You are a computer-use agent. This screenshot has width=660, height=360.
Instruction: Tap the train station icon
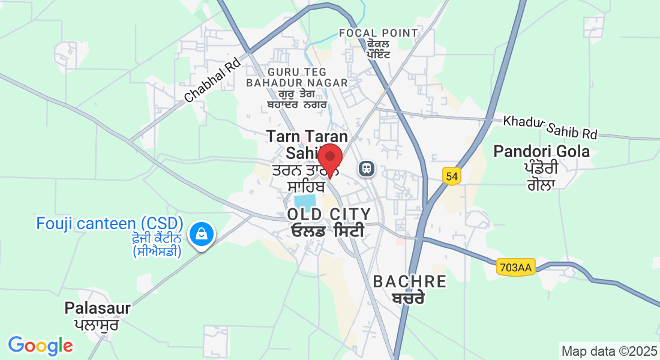tap(366, 169)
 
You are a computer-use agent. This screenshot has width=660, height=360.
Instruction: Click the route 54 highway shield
tap(452, 176)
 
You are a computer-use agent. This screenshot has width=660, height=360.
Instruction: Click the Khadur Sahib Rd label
tap(551, 127)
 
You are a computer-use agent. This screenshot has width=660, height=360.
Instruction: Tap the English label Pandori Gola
tap(541, 151)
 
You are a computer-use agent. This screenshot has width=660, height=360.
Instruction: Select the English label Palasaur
tap(97, 308)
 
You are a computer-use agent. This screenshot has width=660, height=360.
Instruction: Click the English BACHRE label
tap(410, 281)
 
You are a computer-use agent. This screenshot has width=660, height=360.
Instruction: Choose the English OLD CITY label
tap(329, 214)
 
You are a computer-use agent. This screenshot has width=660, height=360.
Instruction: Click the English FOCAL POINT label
tap(378, 33)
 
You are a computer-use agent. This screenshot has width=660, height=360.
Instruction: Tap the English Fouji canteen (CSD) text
tap(109, 224)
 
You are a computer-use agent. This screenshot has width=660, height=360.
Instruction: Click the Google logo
tap(40, 346)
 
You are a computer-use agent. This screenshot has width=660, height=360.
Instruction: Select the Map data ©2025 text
tap(609, 350)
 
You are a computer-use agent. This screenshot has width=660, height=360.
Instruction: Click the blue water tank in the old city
tap(305, 201)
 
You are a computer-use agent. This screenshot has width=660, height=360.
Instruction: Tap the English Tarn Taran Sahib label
tap(300, 143)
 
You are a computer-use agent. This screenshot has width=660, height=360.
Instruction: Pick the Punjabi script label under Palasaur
tap(97, 325)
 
